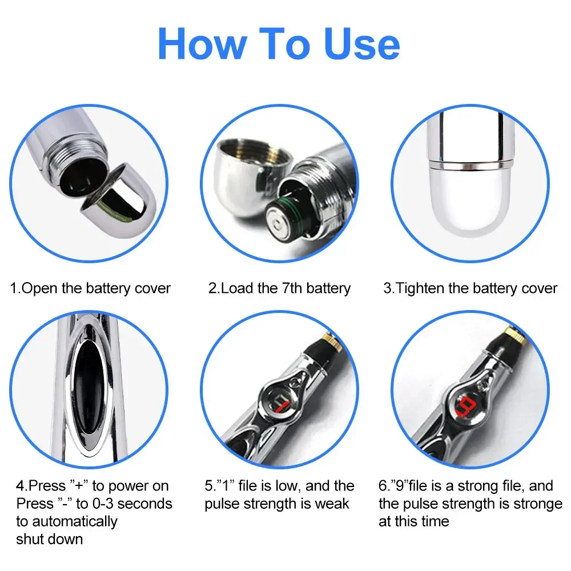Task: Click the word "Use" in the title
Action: (x=362, y=45)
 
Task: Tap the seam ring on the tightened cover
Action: (x=471, y=165)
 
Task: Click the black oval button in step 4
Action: (x=88, y=387)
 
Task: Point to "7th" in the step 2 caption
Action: (x=292, y=288)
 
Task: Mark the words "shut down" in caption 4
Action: (x=50, y=540)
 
